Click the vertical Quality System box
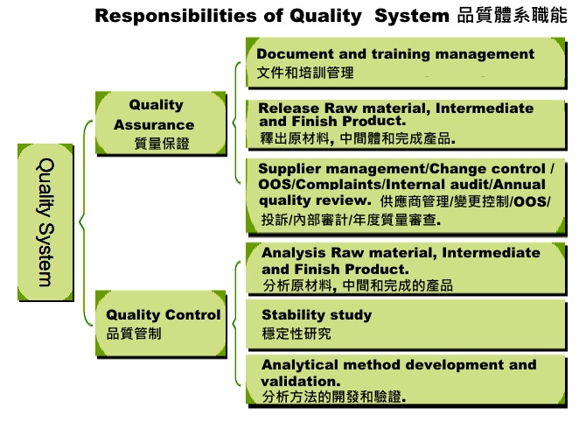(45, 222)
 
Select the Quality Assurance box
(161, 123)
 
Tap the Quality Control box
(161, 324)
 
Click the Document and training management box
(406, 63)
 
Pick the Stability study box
(406, 325)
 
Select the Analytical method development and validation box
(406, 381)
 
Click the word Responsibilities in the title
(176, 16)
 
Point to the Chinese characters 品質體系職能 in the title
(512, 16)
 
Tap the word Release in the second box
(289, 108)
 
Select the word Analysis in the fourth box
(293, 253)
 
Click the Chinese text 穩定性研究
(296, 334)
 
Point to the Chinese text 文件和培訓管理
(305, 73)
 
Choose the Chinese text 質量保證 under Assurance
(162, 144)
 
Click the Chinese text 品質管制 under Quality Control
(134, 334)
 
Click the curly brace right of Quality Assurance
(236, 123)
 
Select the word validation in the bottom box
(301, 381)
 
